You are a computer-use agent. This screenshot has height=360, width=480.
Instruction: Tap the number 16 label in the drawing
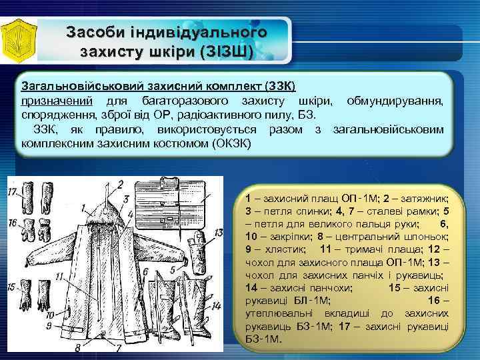click(x=13, y=223)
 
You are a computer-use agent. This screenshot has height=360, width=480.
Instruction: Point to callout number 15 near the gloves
click(x=11, y=287)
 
